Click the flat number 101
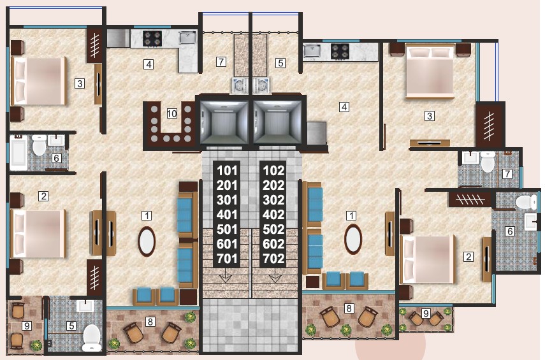tap(227, 171)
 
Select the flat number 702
tap(273, 259)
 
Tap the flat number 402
tap(273, 215)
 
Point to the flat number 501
tap(227, 229)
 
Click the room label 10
tap(171, 113)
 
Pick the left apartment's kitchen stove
tap(152, 39)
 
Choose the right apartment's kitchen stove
tap(340, 51)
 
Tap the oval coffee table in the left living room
tap(147, 241)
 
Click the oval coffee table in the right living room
tap(353, 239)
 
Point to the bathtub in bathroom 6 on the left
tap(18, 153)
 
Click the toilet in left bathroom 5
tap(92, 338)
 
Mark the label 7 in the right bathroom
tap(507, 173)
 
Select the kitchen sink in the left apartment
tap(187, 37)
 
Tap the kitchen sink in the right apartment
tap(312, 51)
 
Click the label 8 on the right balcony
tap(349, 308)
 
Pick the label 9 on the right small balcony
tap(426, 313)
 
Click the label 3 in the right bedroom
tap(430, 116)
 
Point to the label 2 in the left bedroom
tap(43, 196)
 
